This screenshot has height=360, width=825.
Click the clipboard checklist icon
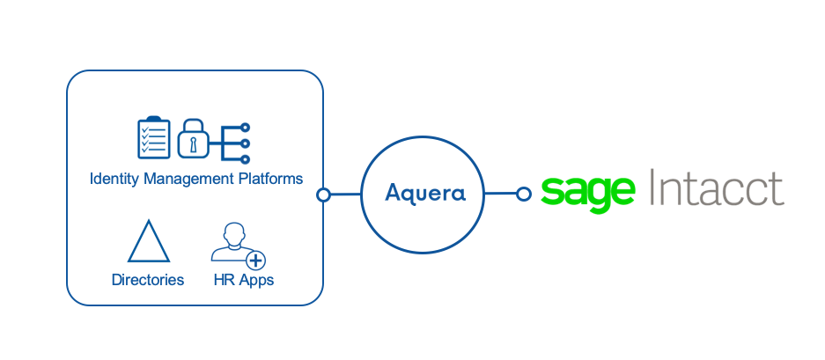(155, 137)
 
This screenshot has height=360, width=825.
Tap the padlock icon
(193, 139)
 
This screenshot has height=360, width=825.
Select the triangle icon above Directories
(149, 242)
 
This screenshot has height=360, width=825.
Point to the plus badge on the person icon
(255, 261)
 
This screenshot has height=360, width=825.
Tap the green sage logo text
(588, 190)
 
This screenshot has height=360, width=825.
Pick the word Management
(188, 179)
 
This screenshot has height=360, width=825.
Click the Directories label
(148, 280)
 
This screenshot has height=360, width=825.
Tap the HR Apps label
(244, 280)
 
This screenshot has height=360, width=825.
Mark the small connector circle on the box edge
(323, 195)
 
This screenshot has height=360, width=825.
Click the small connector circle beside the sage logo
(523, 194)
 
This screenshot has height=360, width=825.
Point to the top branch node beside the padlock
(246, 127)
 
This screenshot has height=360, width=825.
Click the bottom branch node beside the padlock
(246, 158)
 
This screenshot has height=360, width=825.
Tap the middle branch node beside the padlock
(246, 143)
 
